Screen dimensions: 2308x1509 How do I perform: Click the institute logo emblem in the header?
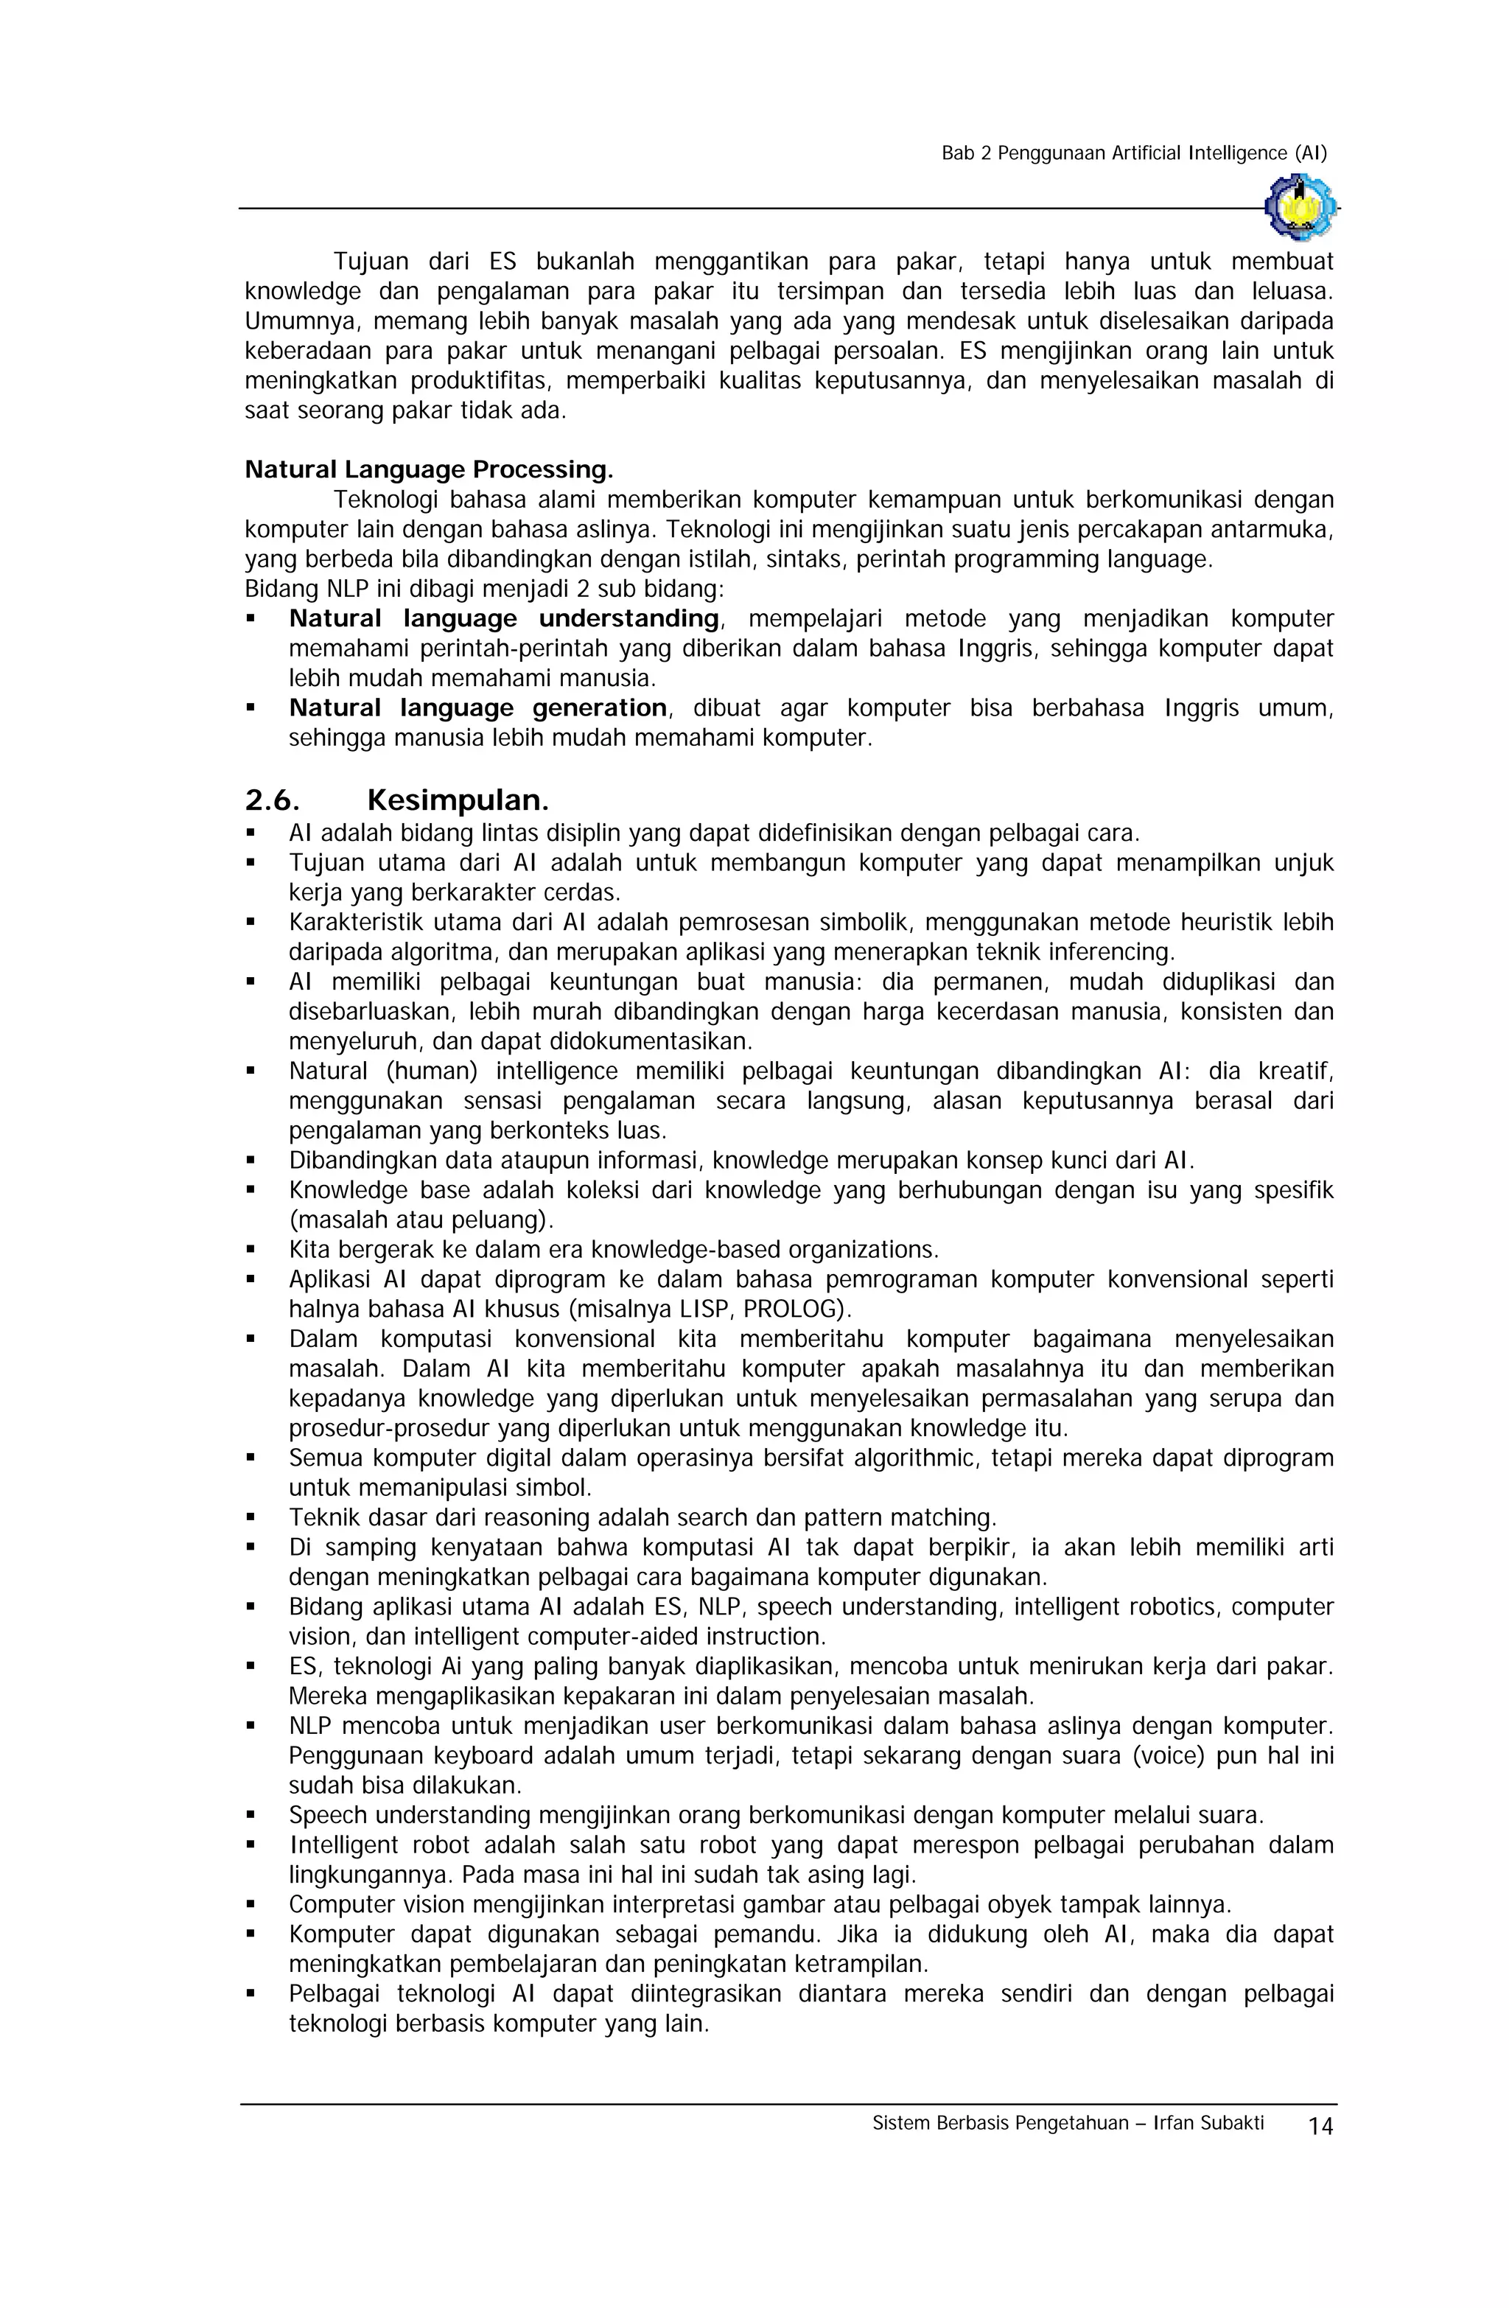(x=1300, y=206)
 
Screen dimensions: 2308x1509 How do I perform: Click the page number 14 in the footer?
(x=1320, y=2127)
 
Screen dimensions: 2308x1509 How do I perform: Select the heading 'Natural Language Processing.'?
(x=429, y=470)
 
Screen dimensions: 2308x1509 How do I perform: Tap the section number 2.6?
(x=272, y=801)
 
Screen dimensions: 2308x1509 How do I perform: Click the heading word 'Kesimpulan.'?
(x=458, y=801)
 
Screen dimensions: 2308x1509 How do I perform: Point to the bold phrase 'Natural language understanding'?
(x=503, y=619)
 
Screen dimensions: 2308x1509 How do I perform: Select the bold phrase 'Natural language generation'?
(x=477, y=708)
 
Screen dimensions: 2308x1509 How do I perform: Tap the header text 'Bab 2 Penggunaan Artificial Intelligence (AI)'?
(x=1134, y=153)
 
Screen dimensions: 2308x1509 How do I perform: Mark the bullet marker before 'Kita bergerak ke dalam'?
(x=251, y=1250)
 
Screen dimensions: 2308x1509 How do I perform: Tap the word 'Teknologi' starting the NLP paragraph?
(x=382, y=500)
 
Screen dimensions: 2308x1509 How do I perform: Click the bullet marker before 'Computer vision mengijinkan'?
(x=251, y=1903)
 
